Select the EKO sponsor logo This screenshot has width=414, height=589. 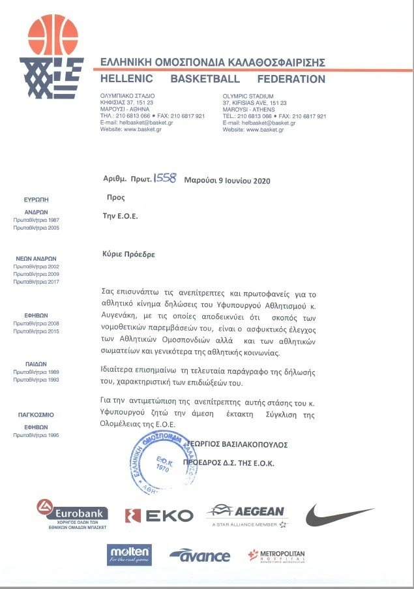pos(159,515)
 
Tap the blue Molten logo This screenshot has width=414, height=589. pos(130,554)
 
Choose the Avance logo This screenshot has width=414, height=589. pos(200,556)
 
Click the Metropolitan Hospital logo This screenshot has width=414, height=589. pos(278,556)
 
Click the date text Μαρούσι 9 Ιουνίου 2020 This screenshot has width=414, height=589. pos(227,180)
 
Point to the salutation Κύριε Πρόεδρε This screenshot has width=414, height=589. pos(129,255)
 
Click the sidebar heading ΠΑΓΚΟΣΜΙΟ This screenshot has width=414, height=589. pos(36,414)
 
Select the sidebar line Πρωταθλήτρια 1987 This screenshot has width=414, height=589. pos(37,220)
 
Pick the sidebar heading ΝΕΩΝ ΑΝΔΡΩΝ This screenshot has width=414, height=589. pos(37,258)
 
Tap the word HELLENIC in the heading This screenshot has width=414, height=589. pos(126,80)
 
